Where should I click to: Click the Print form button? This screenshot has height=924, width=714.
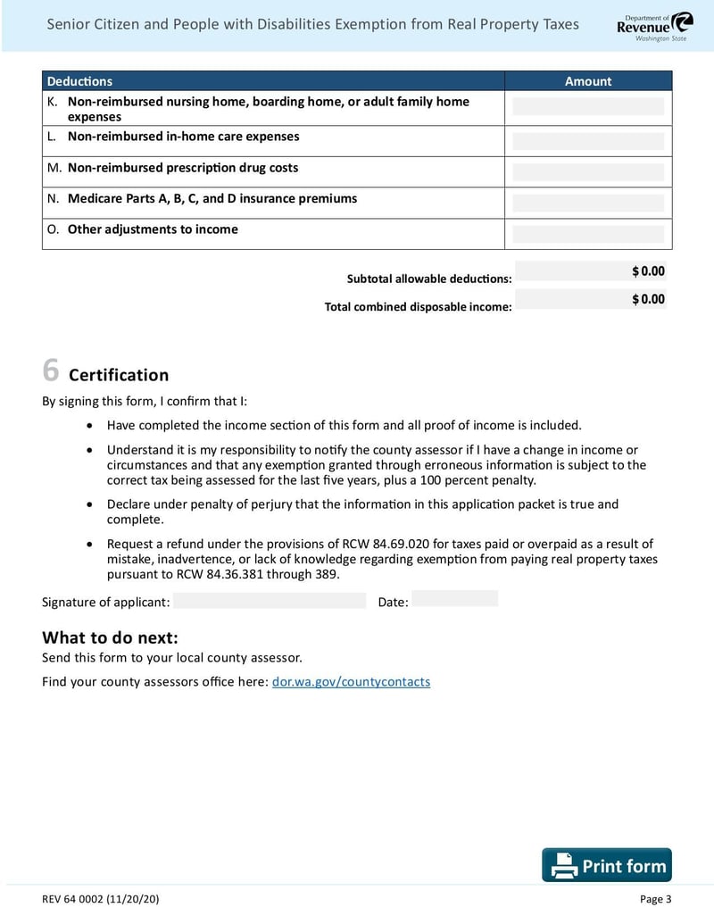[607, 865]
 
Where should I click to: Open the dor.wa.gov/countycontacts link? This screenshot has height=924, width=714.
[351, 682]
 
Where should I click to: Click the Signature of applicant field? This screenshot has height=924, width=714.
[270, 601]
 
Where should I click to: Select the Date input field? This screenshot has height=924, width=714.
[454, 599]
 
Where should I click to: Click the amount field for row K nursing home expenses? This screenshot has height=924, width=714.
[588, 107]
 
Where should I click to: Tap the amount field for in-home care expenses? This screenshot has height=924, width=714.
[588, 140]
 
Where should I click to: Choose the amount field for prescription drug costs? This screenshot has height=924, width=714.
[588, 171]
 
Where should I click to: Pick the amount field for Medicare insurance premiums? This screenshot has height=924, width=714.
[588, 203]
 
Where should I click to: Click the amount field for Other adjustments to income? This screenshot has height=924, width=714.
[588, 234]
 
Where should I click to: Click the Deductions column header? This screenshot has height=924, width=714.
[80, 81]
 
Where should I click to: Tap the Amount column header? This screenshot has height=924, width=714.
[588, 81]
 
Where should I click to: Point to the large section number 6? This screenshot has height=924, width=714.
[51, 370]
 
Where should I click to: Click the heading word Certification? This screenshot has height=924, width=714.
[119, 375]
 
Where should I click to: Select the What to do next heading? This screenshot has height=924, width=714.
[111, 637]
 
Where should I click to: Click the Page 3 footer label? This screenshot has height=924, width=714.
[655, 899]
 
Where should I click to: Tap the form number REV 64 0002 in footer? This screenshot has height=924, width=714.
[101, 899]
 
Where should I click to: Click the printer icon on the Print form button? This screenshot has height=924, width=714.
[563, 866]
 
